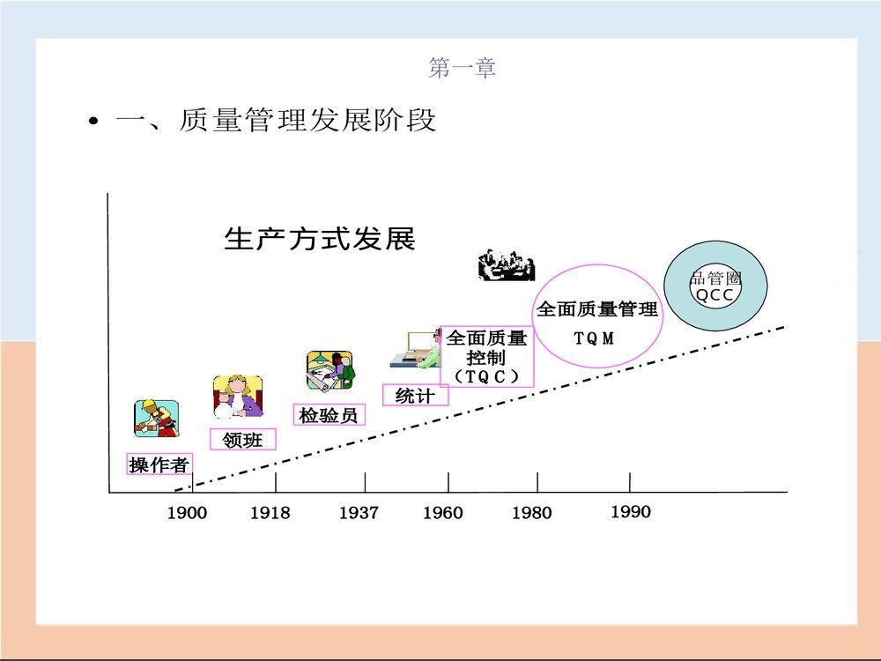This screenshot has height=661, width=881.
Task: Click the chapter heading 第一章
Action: pyautogui.click(x=462, y=67)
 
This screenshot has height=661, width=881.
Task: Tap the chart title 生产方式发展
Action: pyautogui.click(x=319, y=239)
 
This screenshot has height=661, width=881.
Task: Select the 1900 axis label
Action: pyautogui.click(x=187, y=513)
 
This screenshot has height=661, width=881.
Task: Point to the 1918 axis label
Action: pyautogui.click(x=270, y=513)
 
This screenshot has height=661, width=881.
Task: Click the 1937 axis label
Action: pyautogui.click(x=359, y=513)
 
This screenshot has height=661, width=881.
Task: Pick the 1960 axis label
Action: pyautogui.click(x=442, y=513)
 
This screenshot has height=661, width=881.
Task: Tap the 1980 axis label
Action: pyautogui.click(x=531, y=513)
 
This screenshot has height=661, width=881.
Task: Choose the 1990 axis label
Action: pyautogui.click(x=631, y=511)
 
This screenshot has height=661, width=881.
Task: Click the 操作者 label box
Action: pyautogui.click(x=159, y=465)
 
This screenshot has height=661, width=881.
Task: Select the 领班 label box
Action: pyautogui.click(x=243, y=439)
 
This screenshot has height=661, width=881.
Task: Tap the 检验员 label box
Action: pyautogui.click(x=329, y=414)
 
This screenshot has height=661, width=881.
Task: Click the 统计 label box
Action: pyautogui.click(x=415, y=395)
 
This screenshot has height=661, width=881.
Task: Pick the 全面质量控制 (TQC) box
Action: pyautogui.click(x=486, y=356)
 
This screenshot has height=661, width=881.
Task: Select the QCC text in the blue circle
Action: pyautogui.click(x=714, y=295)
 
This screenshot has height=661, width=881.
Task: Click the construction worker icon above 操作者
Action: pyautogui.click(x=156, y=418)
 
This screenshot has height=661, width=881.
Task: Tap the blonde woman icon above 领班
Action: pyautogui.click(x=237, y=397)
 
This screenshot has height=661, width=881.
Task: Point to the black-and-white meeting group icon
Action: pyautogui.click(x=506, y=264)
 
